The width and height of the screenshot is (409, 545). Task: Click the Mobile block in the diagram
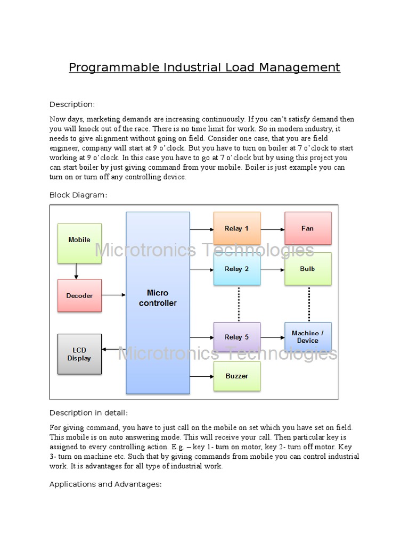pyautogui.click(x=79, y=243)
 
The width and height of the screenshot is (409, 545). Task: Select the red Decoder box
pyautogui.click(x=79, y=295)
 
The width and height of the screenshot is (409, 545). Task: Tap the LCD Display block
pyautogui.click(x=79, y=354)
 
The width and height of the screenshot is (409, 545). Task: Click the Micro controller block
pyautogui.click(x=158, y=303)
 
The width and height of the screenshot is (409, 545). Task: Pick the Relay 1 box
pyautogui.click(x=237, y=228)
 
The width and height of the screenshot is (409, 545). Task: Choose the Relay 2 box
pyautogui.click(x=237, y=269)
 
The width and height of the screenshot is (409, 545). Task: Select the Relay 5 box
pyautogui.click(x=237, y=337)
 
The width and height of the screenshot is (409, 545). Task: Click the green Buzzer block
pyautogui.click(x=237, y=376)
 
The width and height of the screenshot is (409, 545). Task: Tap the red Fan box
pyautogui.click(x=308, y=228)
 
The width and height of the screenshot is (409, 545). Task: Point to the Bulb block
pyautogui.click(x=308, y=269)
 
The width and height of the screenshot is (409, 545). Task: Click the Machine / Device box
pyautogui.click(x=308, y=337)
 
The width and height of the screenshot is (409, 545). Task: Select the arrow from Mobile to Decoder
pyautogui.click(x=76, y=271)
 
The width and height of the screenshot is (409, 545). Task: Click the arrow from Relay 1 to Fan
pyautogui.click(x=273, y=229)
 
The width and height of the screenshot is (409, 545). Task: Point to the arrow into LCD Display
pyautogui.click(x=113, y=349)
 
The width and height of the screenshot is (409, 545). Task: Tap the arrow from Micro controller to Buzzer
pyautogui.click(x=201, y=377)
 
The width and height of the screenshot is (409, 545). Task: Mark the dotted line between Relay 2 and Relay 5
pyautogui.click(x=239, y=304)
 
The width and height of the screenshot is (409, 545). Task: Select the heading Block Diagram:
pyautogui.click(x=78, y=195)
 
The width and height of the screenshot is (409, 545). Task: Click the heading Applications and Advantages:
pyautogui.click(x=105, y=484)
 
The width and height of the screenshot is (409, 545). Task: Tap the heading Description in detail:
pyautogui.click(x=88, y=412)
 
